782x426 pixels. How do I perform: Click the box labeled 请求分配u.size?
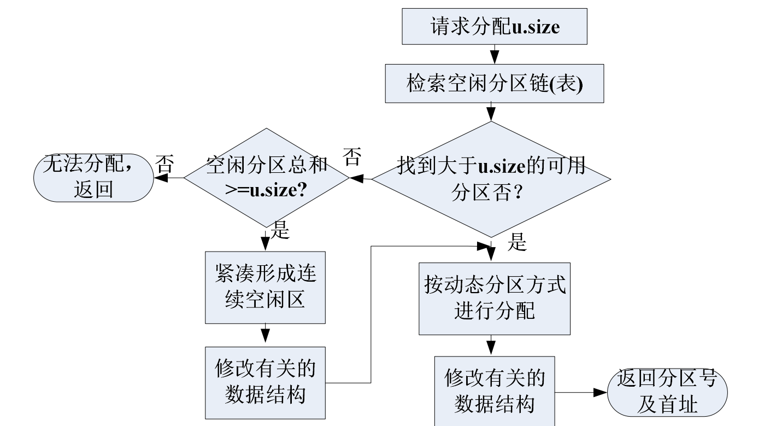point(494,26)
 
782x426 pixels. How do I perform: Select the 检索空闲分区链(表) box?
point(494,84)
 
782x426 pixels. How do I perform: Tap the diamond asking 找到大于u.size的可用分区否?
point(491,179)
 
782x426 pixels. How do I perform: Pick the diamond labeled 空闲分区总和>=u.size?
point(266,178)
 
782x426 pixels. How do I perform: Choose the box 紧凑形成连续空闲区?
point(265,287)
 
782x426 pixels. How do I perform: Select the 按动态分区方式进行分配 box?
point(494,298)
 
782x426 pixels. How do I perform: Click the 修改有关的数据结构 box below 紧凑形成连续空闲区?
point(265,382)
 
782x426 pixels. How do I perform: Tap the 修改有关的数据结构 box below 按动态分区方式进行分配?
point(494,391)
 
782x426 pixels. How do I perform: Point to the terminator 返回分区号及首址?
point(667,392)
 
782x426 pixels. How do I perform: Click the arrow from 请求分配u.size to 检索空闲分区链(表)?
point(494,54)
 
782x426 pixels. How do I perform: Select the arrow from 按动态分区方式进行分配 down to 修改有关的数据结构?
point(491,346)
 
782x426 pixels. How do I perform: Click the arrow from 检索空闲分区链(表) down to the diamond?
point(491,112)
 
